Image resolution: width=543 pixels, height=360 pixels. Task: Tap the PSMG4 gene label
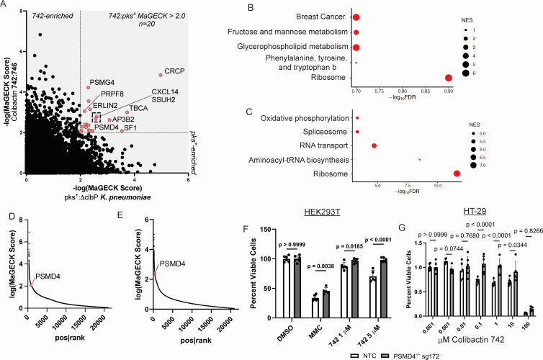(102, 83)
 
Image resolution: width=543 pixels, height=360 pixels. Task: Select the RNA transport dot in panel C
(374, 145)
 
